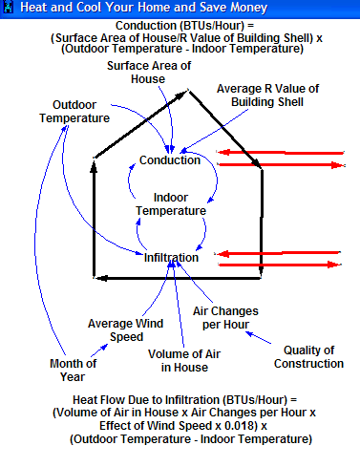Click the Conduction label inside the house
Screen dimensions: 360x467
(170, 160)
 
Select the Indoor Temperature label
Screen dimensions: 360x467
(171, 204)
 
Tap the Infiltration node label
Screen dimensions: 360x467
(171, 258)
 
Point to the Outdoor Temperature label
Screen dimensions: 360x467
(74, 112)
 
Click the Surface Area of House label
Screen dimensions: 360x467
(149, 73)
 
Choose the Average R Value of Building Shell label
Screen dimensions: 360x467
(267, 96)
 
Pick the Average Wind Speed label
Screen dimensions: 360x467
(126, 330)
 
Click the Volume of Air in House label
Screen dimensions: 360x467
(184, 361)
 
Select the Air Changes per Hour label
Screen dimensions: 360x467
(225, 318)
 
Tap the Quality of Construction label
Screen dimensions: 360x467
(308, 357)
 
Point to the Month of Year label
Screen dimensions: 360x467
(73, 371)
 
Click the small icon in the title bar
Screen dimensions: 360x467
(9, 8)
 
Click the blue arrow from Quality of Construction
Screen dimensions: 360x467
(258, 337)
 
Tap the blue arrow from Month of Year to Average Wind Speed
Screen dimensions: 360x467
(99, 350)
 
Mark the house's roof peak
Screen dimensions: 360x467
(188, 91)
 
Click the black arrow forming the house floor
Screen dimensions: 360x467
(178, 278)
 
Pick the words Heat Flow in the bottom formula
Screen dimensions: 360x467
(96, 400)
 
